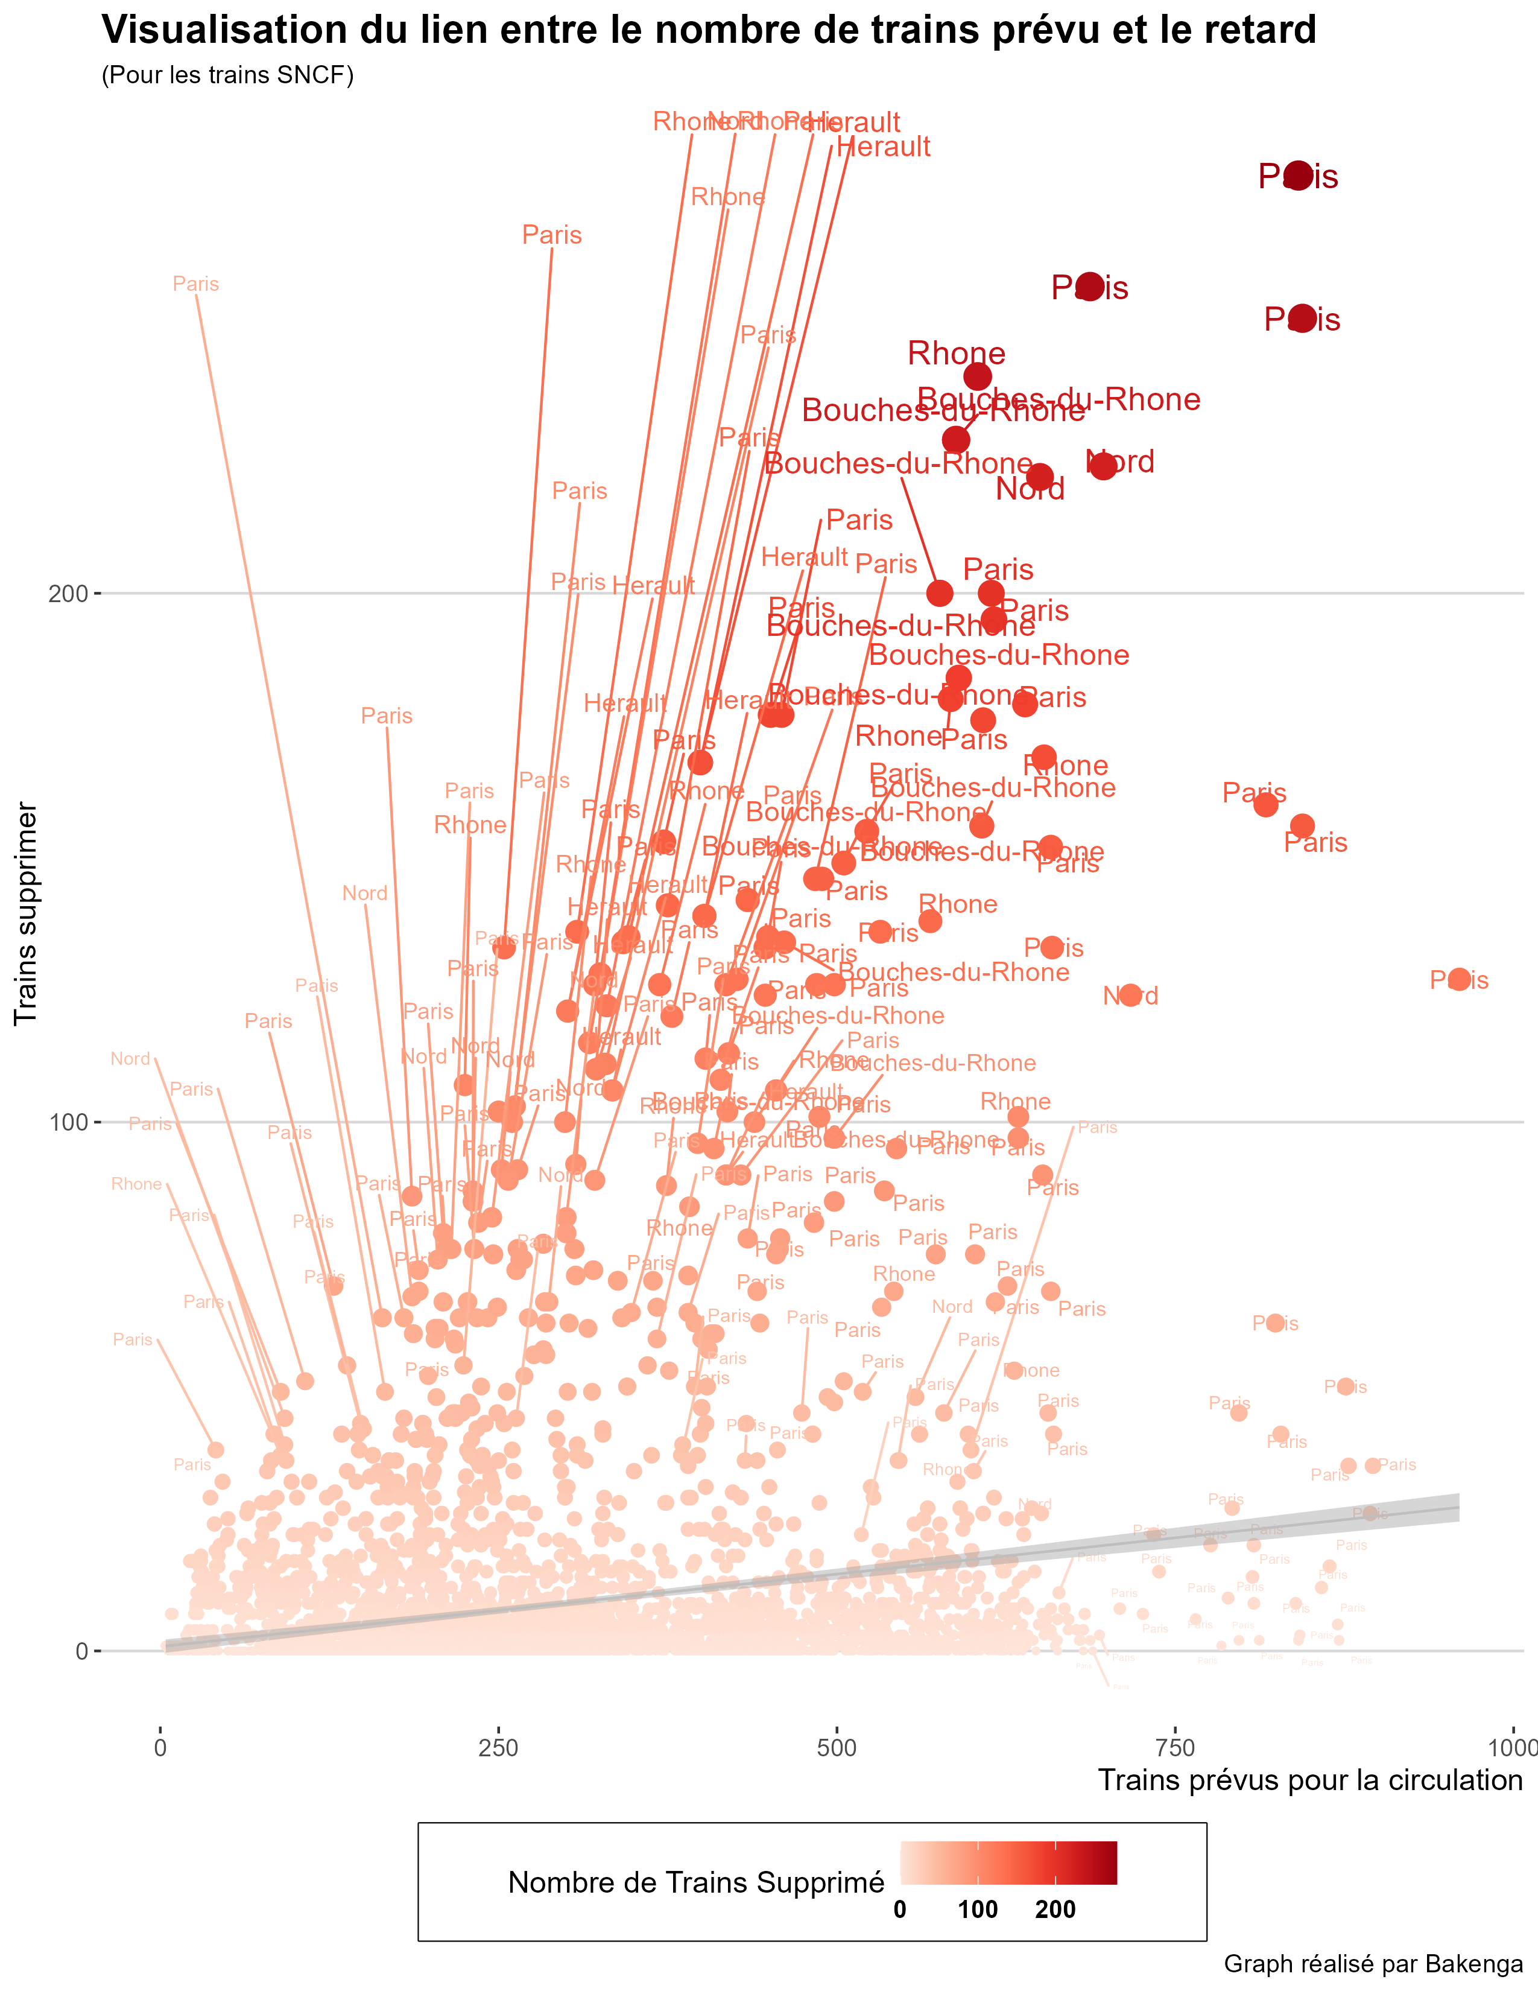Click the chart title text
pos(708,30)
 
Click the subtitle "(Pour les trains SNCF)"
pos(227,75)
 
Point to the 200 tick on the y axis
pos(68,594)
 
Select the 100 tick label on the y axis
pos(68,1122)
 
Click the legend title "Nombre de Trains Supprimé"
pos(696,1882)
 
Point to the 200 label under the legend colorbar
pos(1055,1910)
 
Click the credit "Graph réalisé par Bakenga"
pos(1372,1964)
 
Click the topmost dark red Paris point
pos(1297,175)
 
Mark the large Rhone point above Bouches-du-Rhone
pos(976,376)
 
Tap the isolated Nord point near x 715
pos(1130,994)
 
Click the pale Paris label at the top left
pos(196,284)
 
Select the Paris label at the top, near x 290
pos(551,235)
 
